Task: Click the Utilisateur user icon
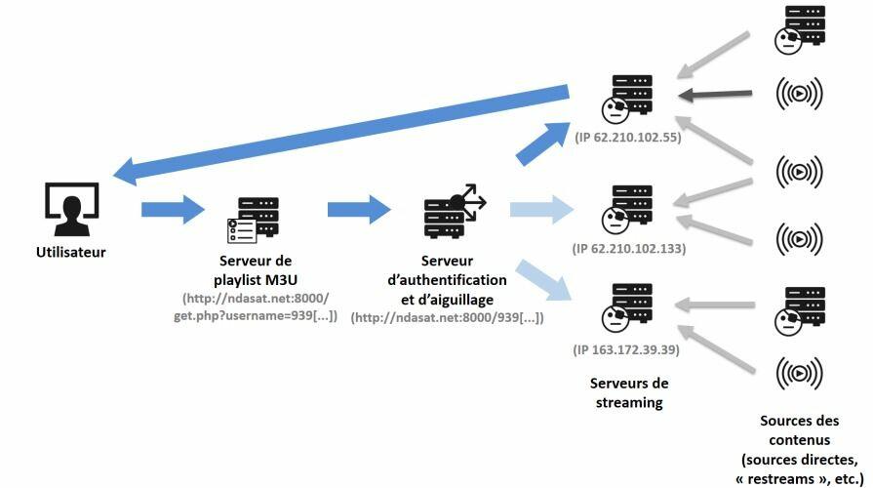(72, 209)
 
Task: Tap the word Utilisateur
(70, 253)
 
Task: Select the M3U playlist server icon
(253, 220)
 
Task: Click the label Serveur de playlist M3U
(256, 270)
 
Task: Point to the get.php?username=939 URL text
(256, 316)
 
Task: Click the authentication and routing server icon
(455, 211)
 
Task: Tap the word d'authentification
(447, 280)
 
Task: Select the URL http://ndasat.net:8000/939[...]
(447, 318)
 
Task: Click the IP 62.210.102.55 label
(628, 138)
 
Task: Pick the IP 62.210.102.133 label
(629, 249)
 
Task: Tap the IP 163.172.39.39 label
(626, 349)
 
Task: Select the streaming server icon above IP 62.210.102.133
(627, 210)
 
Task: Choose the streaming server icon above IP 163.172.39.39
(627, 308)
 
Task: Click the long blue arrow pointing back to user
(340, 135)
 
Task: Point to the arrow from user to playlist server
(174, 210)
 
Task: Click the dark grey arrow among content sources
(715, 95)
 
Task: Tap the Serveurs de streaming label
(629, 392)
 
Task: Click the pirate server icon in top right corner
(800, 30)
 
